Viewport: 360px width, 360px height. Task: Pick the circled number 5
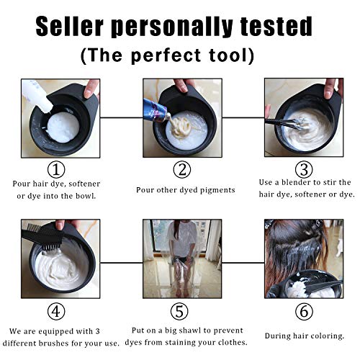click(183, 312)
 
